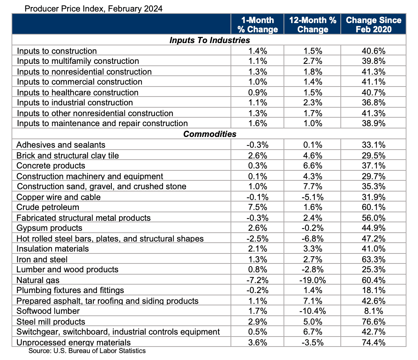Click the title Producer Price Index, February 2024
pos(93,8)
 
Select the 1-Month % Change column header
pos(257,25)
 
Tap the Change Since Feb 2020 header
pos(373,25)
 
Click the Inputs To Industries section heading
pos(209,40)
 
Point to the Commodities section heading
pos(209,134)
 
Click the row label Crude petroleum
pos(48,207)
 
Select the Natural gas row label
pos(38,280)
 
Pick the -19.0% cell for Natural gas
pos(312,280)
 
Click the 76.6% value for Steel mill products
pos(373,322)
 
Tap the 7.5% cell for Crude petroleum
pos(257,207)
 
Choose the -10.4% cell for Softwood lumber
pos(312,311)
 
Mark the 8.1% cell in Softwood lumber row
pos(373,311)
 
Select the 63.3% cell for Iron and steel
pos(373,259)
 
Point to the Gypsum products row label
pos(50,228)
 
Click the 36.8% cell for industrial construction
pos(373,103)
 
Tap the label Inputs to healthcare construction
pos(78,92)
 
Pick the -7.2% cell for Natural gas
pos(257,280)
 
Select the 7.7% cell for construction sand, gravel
pos(312,187)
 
